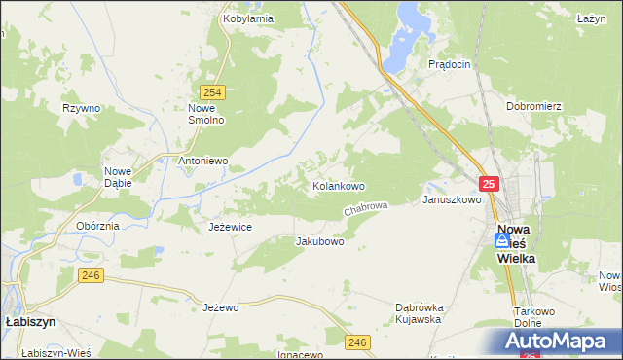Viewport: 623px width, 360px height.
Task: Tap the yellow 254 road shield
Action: tap(215, 91)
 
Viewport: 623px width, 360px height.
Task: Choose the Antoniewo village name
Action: tap(202, 160)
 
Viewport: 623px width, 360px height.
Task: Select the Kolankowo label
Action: tap(338, 185)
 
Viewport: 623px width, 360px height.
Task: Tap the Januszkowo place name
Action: tap(452, 199)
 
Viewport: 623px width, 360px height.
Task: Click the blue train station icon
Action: tap(501, 239)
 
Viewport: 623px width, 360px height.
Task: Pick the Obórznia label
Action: tap(97, 225)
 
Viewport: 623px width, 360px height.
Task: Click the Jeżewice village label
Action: tap(231, 227)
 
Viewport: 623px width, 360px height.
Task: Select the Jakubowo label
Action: tap(319, 241)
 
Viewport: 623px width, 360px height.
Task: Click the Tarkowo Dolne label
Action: tap(533, 317)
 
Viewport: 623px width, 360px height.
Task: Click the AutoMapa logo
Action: tap(561, 342)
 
